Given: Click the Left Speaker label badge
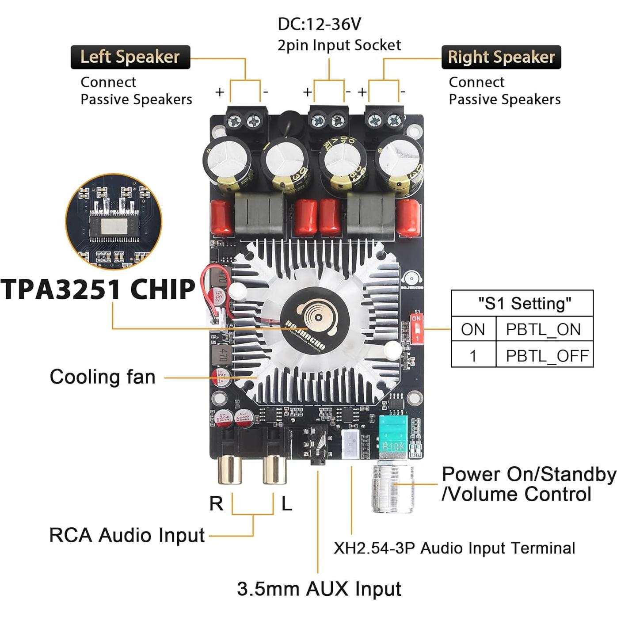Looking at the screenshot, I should (x=130, y=57).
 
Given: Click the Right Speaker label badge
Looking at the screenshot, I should (x=501, y=57).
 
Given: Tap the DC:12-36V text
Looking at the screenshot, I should (x=319, y=24).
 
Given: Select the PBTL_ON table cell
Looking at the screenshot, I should (x=543, y=329).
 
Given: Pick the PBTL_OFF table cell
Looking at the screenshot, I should (x=547, y=356).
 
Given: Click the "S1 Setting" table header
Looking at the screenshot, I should (x=524, y=304).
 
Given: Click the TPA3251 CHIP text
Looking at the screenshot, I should (x=98, y=289).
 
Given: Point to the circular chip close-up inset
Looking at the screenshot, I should (x=114, y=221).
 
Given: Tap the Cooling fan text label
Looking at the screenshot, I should (x=103, y=377).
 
